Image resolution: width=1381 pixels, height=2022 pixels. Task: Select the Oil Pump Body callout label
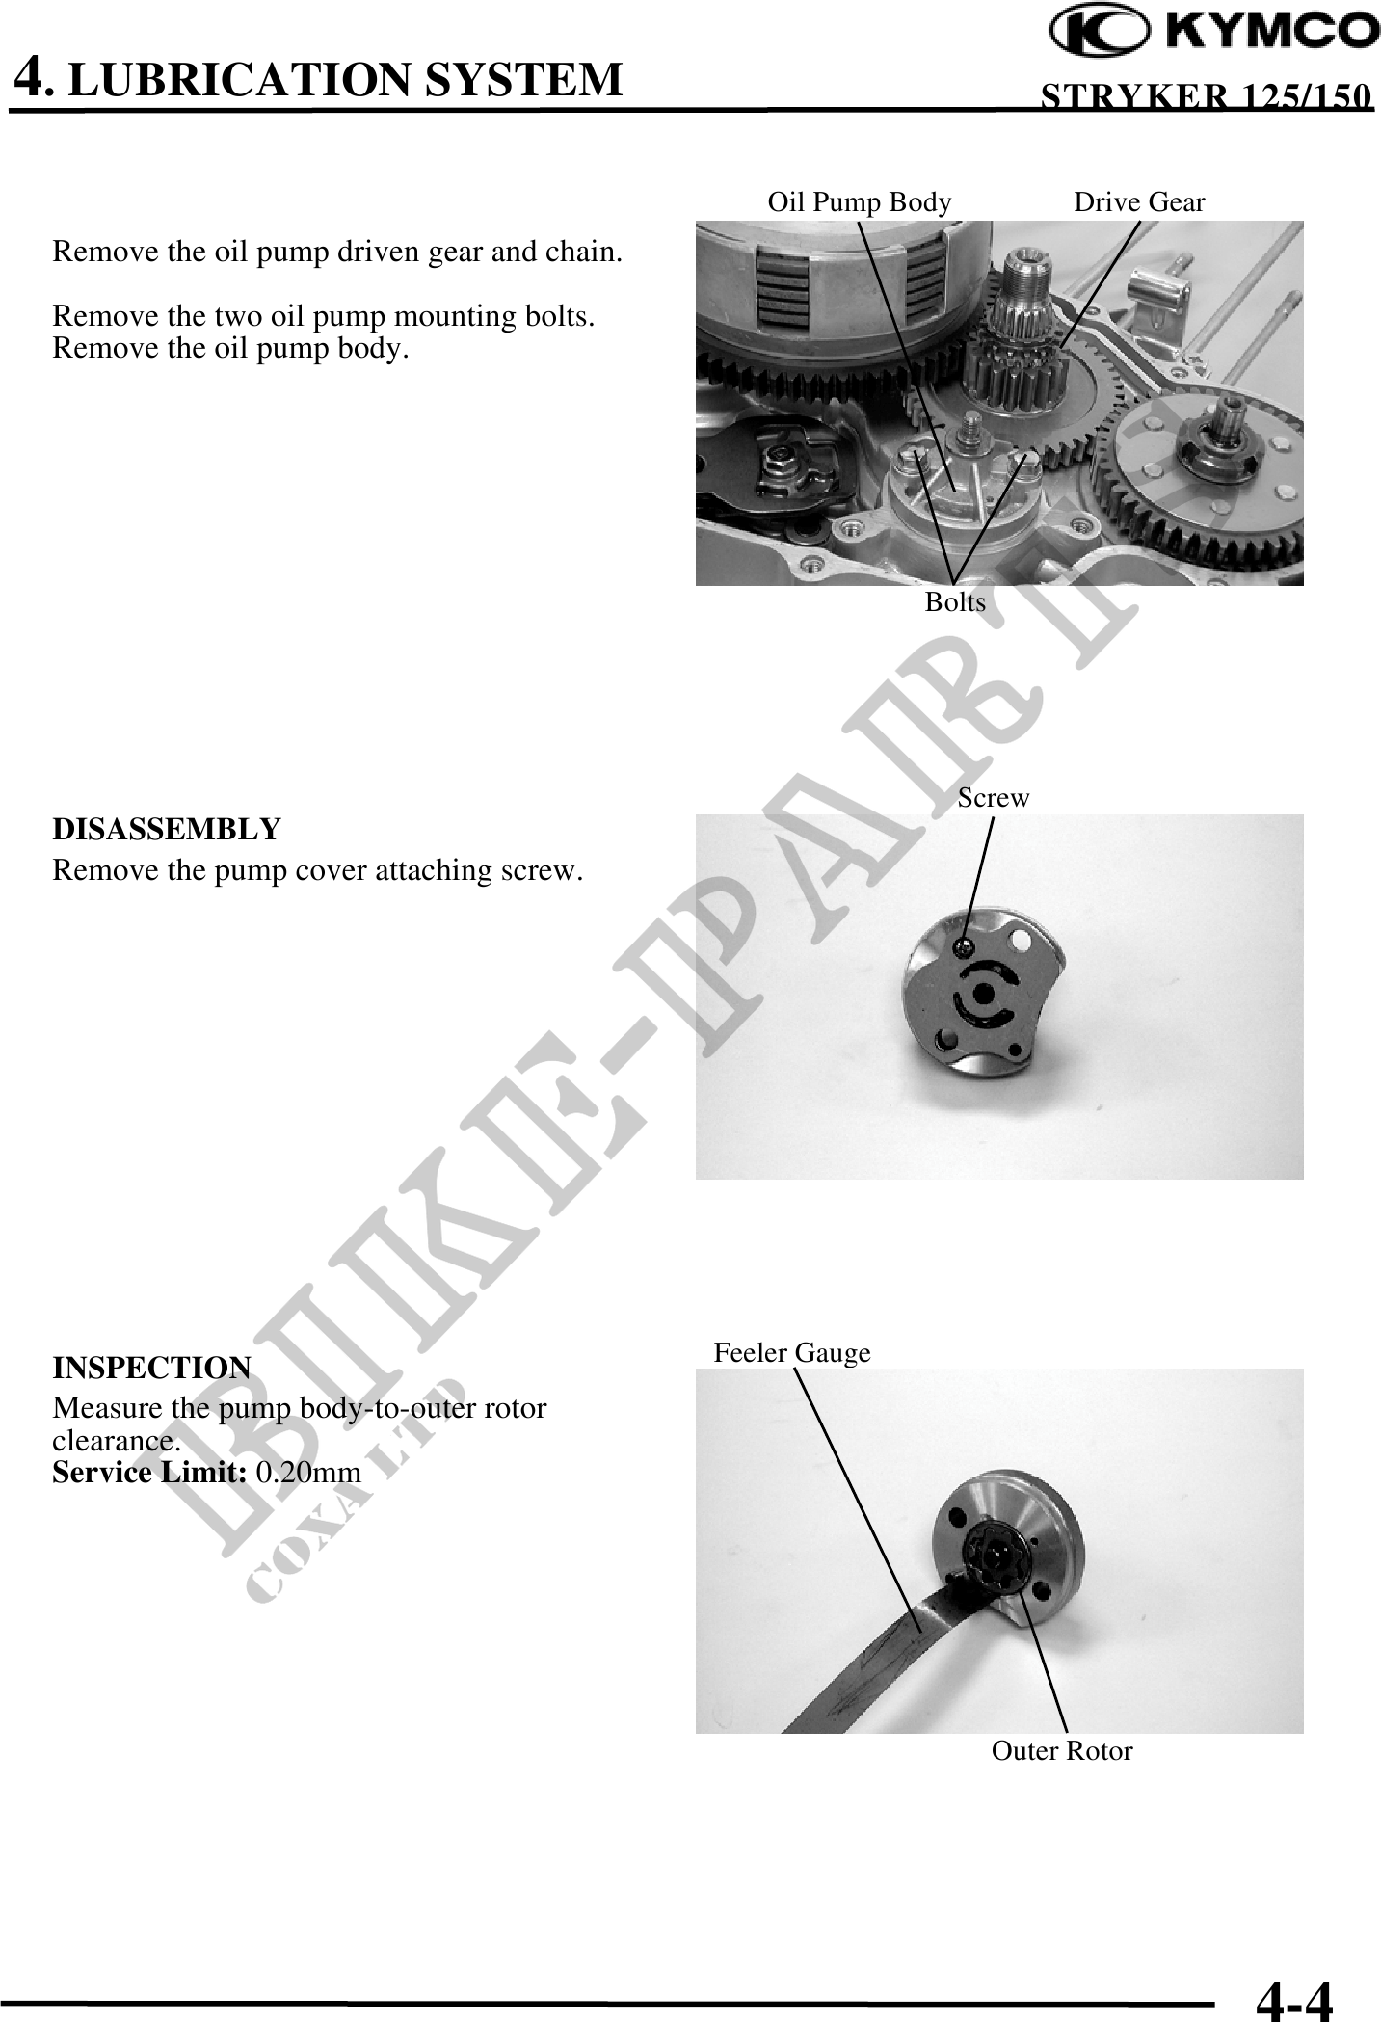[859, 202]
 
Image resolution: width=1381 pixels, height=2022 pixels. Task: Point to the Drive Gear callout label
[1139, 202]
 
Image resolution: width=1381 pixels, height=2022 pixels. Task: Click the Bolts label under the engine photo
[955, 602]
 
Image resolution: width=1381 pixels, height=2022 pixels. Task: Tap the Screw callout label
[994, 798]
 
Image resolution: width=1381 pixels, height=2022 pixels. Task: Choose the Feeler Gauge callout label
[792, 1353]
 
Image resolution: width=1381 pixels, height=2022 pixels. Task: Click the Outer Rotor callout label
[1062, 1751]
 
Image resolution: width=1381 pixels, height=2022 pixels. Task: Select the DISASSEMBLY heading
[166, 829]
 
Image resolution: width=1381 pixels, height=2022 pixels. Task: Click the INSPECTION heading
[151, 1368]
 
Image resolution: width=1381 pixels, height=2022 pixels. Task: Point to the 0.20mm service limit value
[308, 1473]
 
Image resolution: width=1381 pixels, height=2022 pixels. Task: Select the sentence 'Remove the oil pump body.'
[230, 349]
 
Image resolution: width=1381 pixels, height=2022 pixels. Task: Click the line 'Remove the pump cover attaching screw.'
[317, 871]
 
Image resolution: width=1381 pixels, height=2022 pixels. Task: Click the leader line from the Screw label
[978, 879]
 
